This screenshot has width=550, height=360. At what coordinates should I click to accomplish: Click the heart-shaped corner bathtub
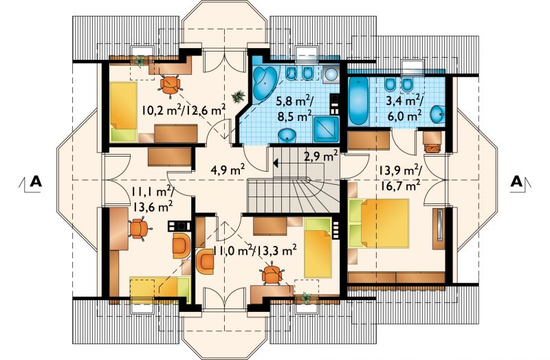(265, 82)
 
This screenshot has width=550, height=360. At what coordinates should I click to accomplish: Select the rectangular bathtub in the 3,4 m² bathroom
(358, 101)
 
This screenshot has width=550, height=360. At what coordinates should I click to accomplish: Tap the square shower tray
(326, 129)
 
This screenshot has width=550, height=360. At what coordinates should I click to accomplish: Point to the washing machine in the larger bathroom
(331, 74)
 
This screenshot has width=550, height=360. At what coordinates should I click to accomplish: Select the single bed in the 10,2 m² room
(123, 111)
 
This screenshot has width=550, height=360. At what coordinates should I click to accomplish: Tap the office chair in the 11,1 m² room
(140, 229)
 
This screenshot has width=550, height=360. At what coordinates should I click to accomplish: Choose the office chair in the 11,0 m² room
(272, 274)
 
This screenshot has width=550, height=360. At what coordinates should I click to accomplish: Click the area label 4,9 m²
(228, 170)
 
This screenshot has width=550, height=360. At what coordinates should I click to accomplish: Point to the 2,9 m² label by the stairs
(320, 156)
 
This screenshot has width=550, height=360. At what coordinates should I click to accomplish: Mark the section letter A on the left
(36, 181)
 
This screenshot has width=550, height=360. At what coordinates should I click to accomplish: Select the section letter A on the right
(516, 181)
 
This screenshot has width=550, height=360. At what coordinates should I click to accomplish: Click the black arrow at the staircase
(276, 163)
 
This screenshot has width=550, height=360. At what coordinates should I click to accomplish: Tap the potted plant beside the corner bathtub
(239, 96)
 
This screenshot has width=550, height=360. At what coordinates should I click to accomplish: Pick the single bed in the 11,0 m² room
(318, 247)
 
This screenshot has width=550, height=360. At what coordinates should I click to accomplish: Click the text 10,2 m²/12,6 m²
(184, 111)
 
